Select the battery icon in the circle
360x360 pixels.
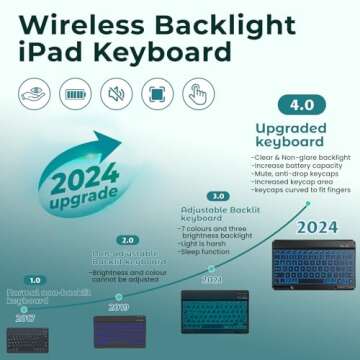(75, 95)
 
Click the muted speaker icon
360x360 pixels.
(117, 95)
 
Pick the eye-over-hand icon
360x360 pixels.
(33, 95)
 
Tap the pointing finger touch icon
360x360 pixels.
(201, 95)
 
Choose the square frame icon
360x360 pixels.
(159, 95)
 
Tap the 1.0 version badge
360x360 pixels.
(35, 281)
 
